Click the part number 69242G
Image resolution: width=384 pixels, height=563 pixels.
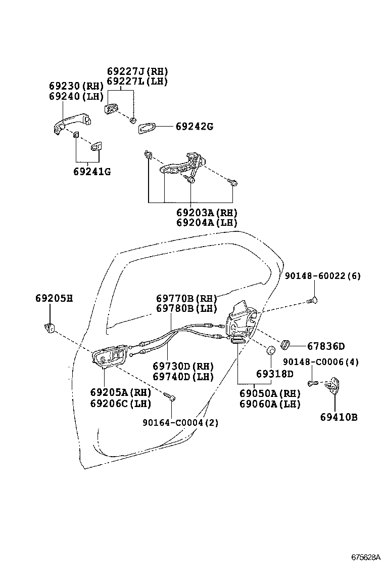tap(194, 127)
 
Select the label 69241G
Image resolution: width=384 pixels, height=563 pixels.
tap(91, 172)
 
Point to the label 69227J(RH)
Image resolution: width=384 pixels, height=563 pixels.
tap(137, 71)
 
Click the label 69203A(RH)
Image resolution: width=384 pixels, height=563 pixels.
tap(207, 213)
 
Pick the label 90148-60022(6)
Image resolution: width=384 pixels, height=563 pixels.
tap(322, 276)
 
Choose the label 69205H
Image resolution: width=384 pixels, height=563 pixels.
tap(54, 298)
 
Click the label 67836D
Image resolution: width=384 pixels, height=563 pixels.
tap(326, 346)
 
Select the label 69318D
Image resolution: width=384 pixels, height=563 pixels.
tap(274, 374)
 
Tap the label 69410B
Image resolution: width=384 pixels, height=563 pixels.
tap(339, 417)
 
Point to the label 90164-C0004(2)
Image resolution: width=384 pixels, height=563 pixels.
tap(180, 422)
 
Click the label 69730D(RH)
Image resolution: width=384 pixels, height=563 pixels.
tap(183, 367)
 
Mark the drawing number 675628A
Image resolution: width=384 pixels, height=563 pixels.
tap(365, 557)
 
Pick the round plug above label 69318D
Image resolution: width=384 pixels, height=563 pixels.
tap(271, 350)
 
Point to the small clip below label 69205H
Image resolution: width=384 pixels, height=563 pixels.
tap(50, 328)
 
